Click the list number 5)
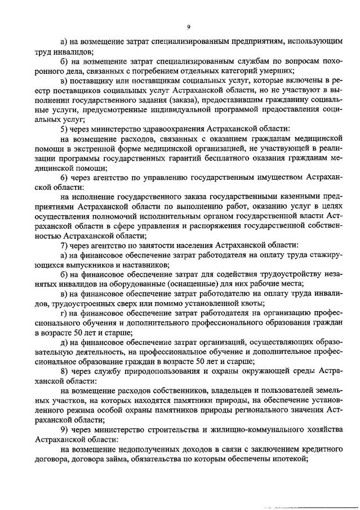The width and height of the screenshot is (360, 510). tap(64, 129)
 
